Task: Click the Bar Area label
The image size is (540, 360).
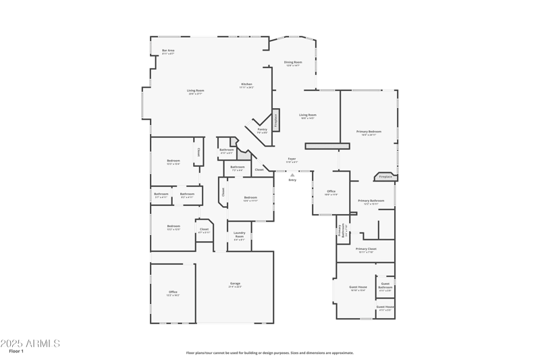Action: click(169, 51)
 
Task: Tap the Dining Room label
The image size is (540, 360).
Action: click(293, 63)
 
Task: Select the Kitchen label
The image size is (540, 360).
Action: click(246, 85)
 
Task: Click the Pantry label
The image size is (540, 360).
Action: click(262, 130)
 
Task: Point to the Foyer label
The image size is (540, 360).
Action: click(292, 160)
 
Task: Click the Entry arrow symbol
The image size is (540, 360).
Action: click(292, 174)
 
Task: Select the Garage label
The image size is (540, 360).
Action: click(235, 284)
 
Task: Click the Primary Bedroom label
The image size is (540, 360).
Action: click(369, 132)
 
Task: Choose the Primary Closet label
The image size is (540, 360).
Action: click(367, 250)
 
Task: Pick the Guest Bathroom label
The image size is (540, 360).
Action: click(385, 286)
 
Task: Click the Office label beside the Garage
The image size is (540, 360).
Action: click(173, 292)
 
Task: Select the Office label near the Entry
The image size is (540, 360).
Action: click(331, 192)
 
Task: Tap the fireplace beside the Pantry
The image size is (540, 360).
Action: click(276, 120)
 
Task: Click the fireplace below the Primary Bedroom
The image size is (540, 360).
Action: click(385, 176)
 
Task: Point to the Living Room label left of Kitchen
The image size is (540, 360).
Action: click(196, 92)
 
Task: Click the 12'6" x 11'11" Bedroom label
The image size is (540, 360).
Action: click(250, 199)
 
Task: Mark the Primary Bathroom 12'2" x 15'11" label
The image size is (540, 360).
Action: click(371, 201)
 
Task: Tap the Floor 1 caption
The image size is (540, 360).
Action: click(17, 352)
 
